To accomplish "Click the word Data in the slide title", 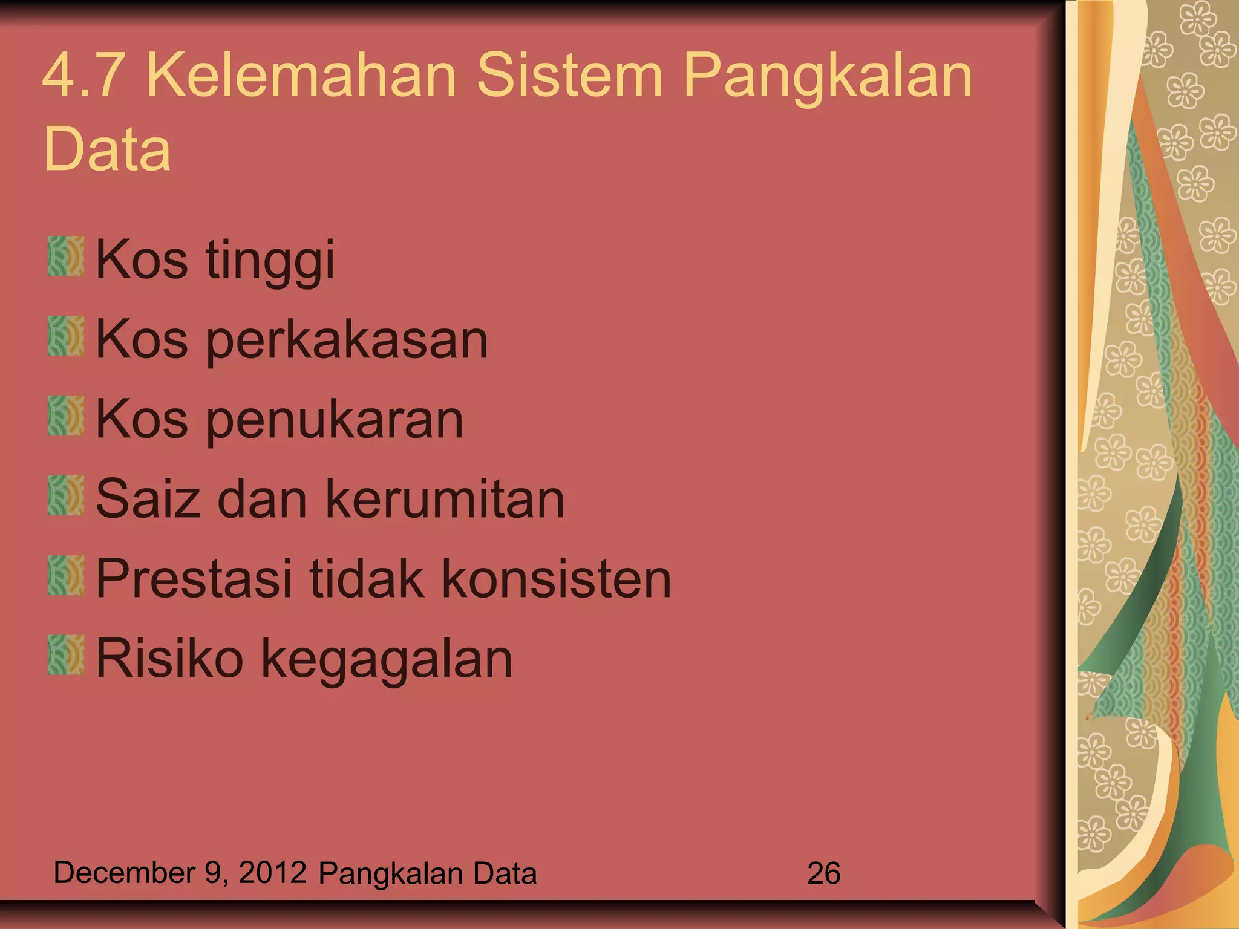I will click(107, 149).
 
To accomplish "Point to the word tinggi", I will click(270, 261).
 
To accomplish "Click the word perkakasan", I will click(347, 340).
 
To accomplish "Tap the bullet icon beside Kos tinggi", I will click(65, 256).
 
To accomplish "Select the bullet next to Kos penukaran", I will click(65, 416).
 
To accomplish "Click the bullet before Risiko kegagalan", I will click(65, 654).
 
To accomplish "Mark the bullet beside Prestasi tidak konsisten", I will click(65, 575).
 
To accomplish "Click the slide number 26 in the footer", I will click(823, 873).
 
